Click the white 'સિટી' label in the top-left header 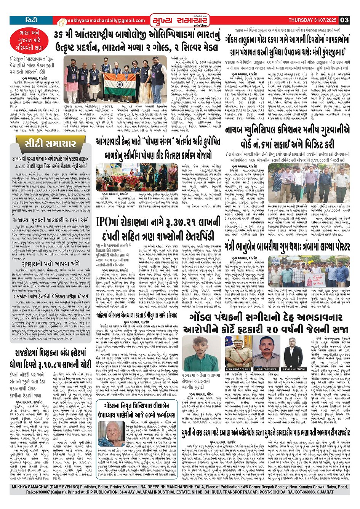pos(31,19)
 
